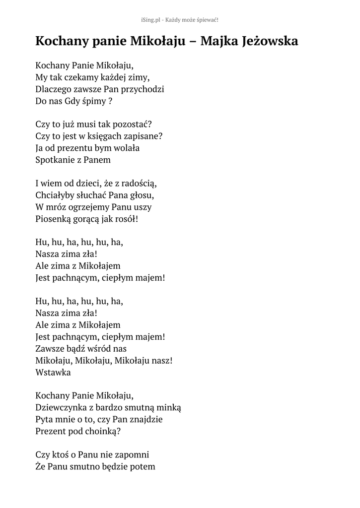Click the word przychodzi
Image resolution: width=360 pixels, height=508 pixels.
click(141, 89)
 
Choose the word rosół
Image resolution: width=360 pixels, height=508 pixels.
click(126, 219)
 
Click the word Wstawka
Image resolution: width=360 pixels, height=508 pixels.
click(53, 372)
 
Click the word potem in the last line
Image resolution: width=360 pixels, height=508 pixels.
click(142, 467)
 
